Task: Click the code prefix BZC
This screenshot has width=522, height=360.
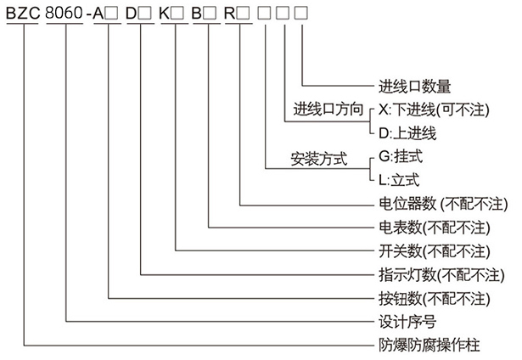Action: click(23, 16)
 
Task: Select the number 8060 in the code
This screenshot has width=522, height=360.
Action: click(66, 16)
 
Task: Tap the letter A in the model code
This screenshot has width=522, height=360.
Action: click(104, 16)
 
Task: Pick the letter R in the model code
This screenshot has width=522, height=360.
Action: click(228, 16)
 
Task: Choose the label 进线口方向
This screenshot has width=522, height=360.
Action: click(328, 110)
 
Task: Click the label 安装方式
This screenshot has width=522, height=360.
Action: click(319, 157)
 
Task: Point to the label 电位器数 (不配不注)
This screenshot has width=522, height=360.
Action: click(441, 204)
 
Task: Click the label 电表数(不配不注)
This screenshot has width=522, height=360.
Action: click(434, 228)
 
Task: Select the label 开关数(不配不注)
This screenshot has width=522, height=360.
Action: click(434, 251)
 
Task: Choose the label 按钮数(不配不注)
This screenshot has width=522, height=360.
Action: click(434, 298)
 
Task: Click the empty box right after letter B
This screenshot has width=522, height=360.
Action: click(209, 16)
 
